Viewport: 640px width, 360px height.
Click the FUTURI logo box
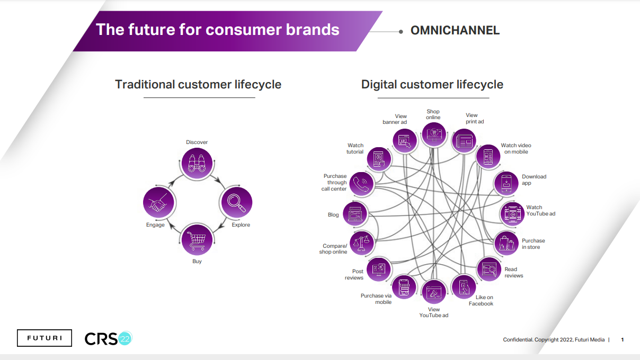45,338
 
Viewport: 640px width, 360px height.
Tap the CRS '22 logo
108,338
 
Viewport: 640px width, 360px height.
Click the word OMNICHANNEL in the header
455,31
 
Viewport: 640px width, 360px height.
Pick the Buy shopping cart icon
197,240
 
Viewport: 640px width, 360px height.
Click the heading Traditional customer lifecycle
198,85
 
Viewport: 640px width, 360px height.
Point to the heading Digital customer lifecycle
432,85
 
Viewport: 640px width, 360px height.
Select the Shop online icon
434,134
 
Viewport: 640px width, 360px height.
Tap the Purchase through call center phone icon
362,184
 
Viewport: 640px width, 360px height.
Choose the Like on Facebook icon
464,287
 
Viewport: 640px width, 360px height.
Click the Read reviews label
513,273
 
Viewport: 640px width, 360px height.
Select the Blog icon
355,214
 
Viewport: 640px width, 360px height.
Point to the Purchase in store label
533,244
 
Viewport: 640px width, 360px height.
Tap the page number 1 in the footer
623,340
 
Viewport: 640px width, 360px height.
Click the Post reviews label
354,275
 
